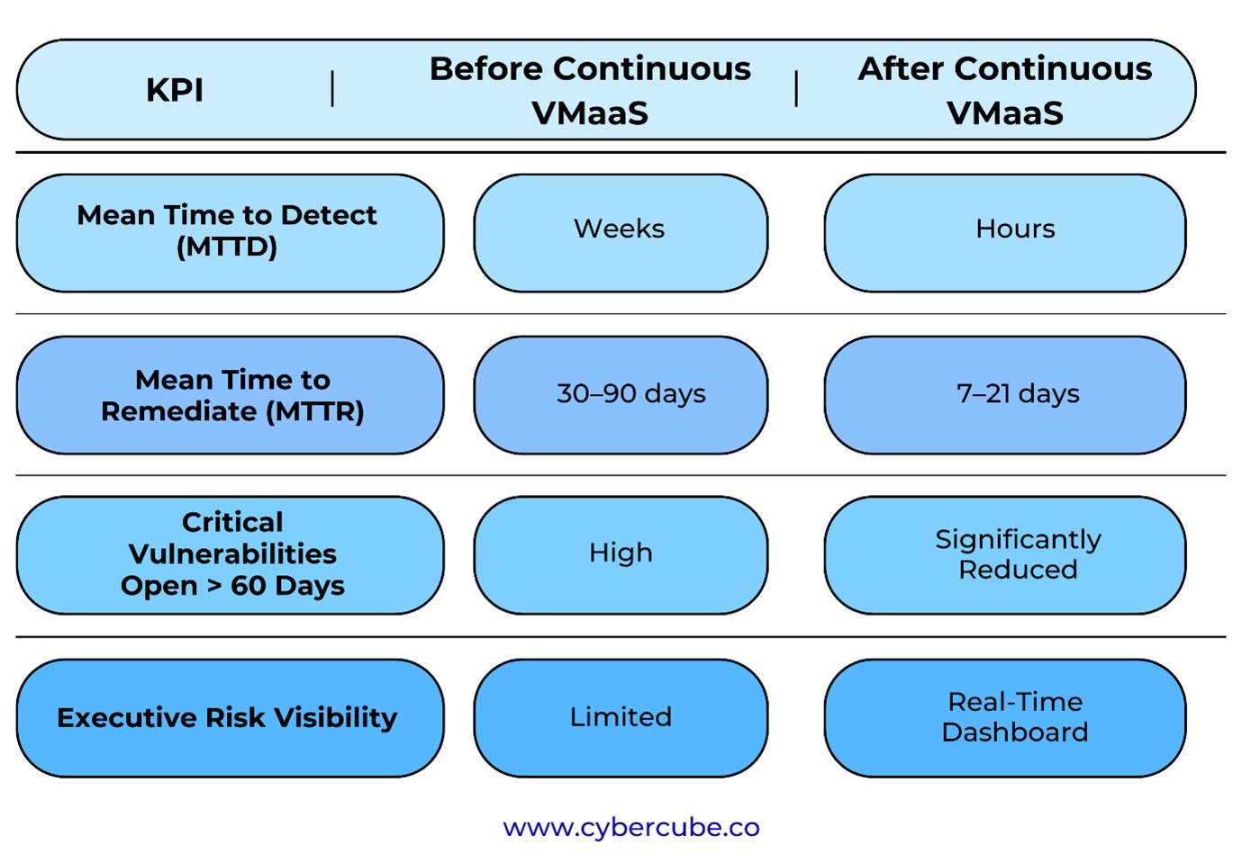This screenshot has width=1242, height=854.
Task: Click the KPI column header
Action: click(175, 90)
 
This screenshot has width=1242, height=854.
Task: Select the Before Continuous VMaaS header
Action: click(590, 90)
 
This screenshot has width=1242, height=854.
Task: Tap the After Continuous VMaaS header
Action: click(1004, 90)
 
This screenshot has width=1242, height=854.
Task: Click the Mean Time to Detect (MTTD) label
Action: click(227, 230)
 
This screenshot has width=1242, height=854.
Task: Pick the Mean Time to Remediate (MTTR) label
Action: click(232, 395)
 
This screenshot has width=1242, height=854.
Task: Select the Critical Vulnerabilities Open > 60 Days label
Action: click(232, 553)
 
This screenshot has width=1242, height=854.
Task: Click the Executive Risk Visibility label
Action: click(227, 717)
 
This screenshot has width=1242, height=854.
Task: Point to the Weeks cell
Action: click(620, 229)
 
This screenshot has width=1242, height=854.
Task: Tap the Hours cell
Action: click(1015, 229)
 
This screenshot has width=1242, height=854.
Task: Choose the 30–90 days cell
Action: click(630, 394)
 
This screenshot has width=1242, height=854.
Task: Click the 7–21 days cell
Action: click(1018, 394)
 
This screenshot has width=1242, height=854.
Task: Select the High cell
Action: click(621, 553)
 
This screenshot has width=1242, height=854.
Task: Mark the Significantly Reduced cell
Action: click(1018, 554)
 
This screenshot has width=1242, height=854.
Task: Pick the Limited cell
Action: click(621, 717)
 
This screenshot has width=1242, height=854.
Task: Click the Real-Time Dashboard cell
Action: click(1015, 717)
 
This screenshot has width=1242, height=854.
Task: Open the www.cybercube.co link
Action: click(631, 827)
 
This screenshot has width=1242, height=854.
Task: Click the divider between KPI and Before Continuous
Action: click(333, 89)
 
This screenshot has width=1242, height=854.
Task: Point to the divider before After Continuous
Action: click(796, 89)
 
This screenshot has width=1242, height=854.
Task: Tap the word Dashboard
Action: click(1015, 733)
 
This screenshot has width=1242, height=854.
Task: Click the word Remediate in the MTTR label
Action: click(179, 411)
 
